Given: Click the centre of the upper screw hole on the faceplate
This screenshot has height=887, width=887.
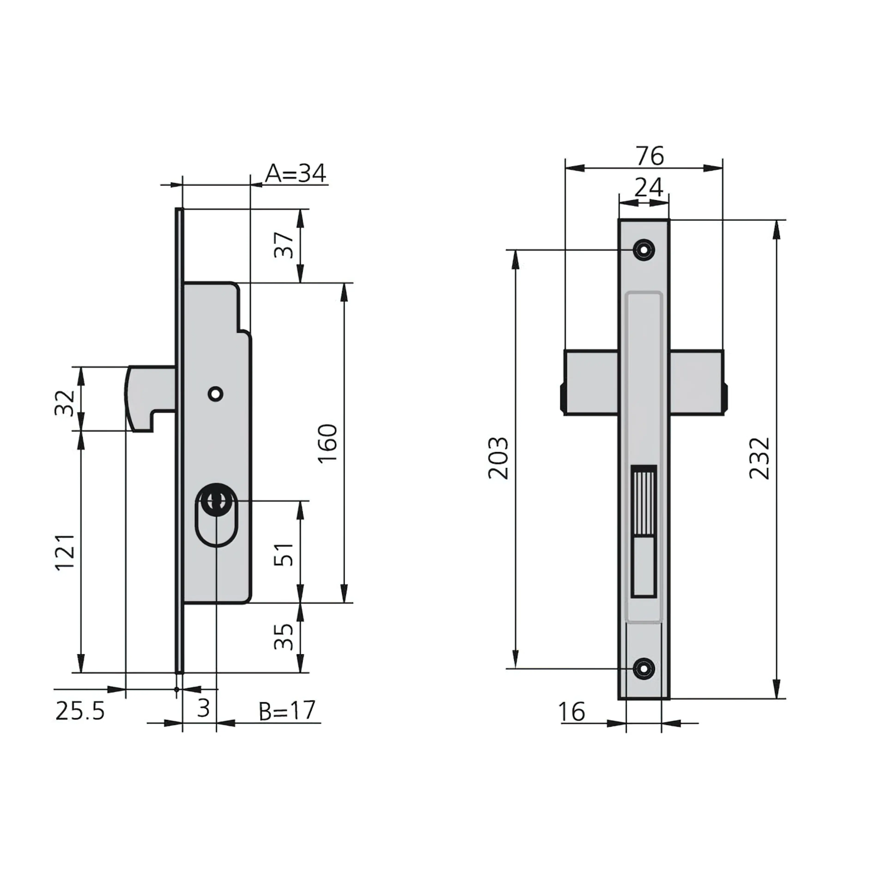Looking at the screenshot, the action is (644, 250).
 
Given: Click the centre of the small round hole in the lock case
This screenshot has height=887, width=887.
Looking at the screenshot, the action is (215, 393).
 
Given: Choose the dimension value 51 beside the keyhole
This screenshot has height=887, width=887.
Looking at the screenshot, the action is (284, 554).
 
